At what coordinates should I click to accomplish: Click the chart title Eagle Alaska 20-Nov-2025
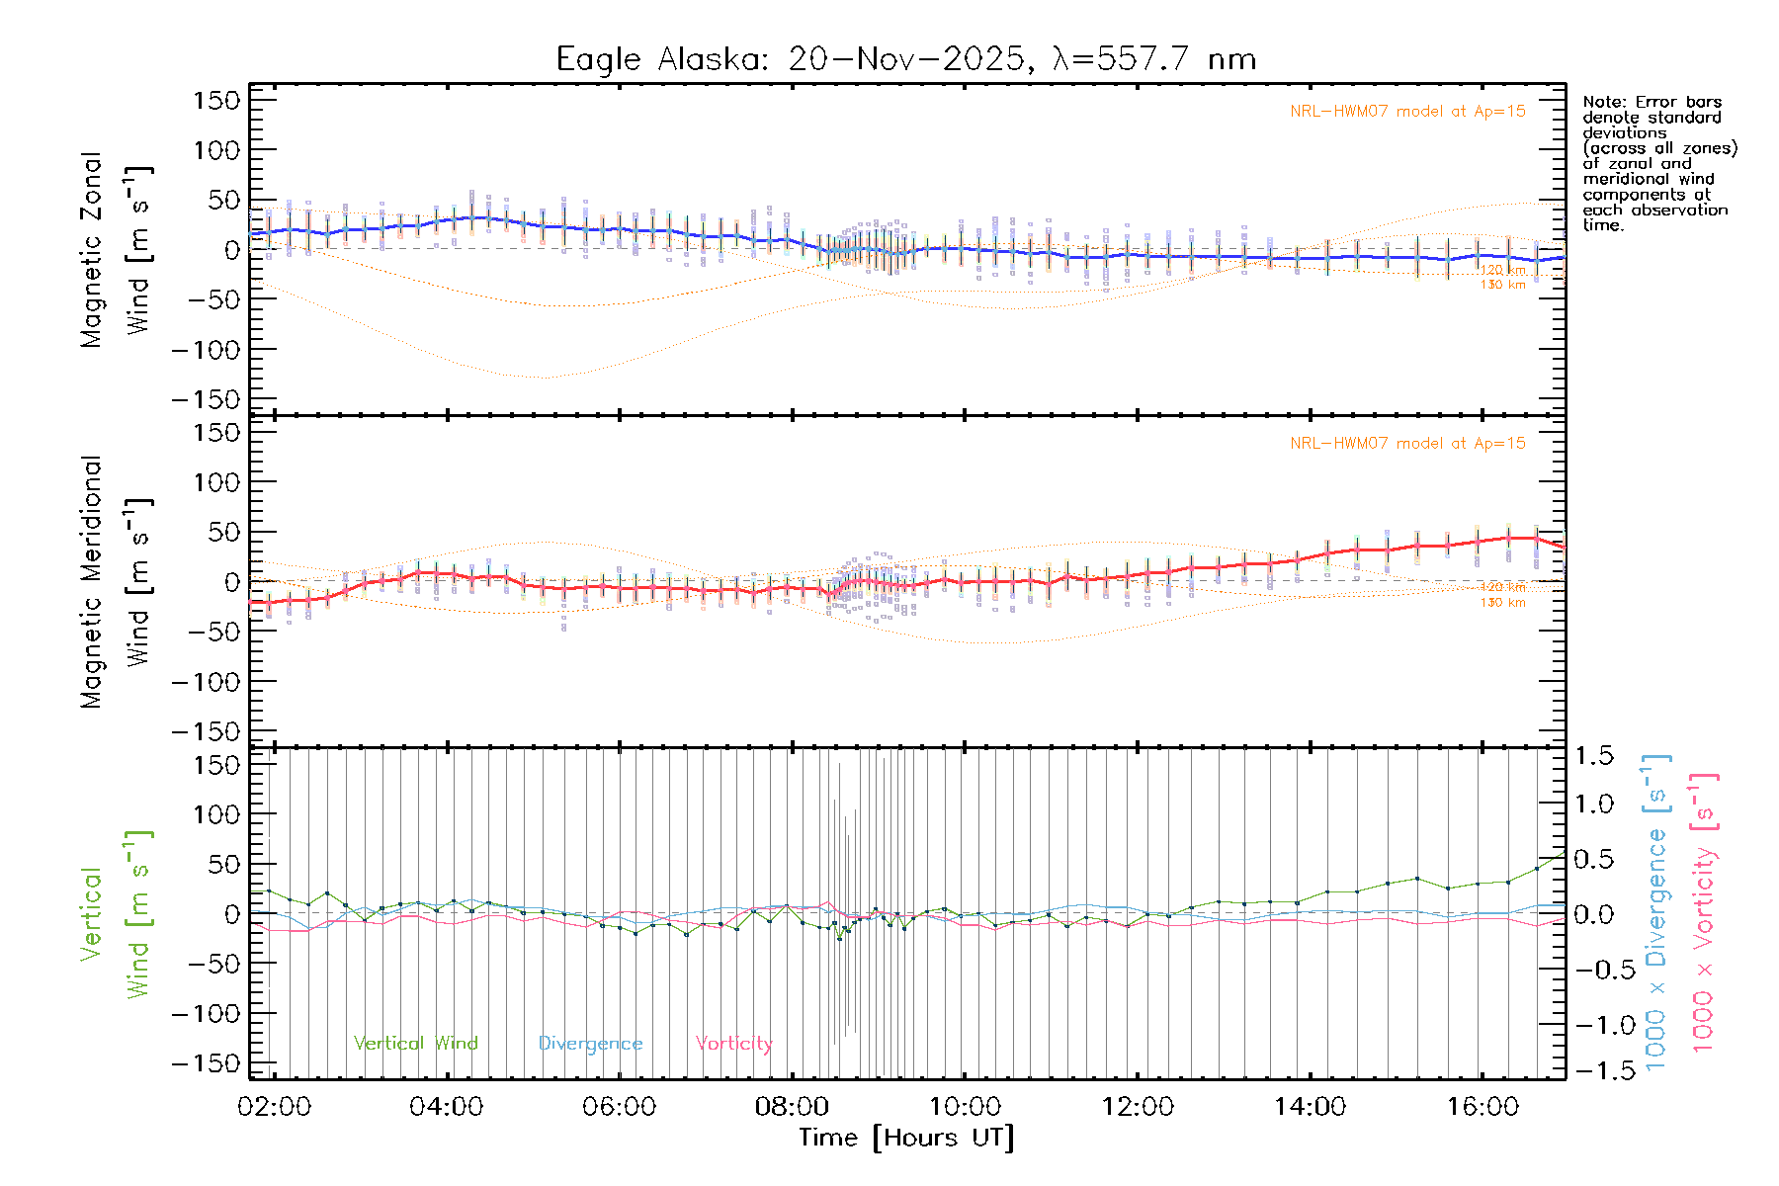905,59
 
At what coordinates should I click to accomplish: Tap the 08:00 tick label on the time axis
792,1107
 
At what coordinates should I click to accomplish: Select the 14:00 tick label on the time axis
1310,1107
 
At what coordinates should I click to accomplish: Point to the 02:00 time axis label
274,1107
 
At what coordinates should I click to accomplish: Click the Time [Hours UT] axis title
905,1139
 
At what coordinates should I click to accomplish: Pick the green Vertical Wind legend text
415,1044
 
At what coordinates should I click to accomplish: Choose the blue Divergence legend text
590,1044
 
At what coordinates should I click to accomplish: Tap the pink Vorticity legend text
733,1044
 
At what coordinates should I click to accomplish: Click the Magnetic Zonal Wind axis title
117,250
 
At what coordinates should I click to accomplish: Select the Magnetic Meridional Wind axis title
117,582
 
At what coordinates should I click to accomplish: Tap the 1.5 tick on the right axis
1593,756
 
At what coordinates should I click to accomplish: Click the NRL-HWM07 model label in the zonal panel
1407,112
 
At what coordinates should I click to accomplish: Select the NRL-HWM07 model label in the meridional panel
1407,444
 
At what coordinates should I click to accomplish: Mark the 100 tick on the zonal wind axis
217,150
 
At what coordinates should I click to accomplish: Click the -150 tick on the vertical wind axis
207,1063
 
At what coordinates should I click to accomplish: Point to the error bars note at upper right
1658,163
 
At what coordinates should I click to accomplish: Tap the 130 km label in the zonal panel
1502,285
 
